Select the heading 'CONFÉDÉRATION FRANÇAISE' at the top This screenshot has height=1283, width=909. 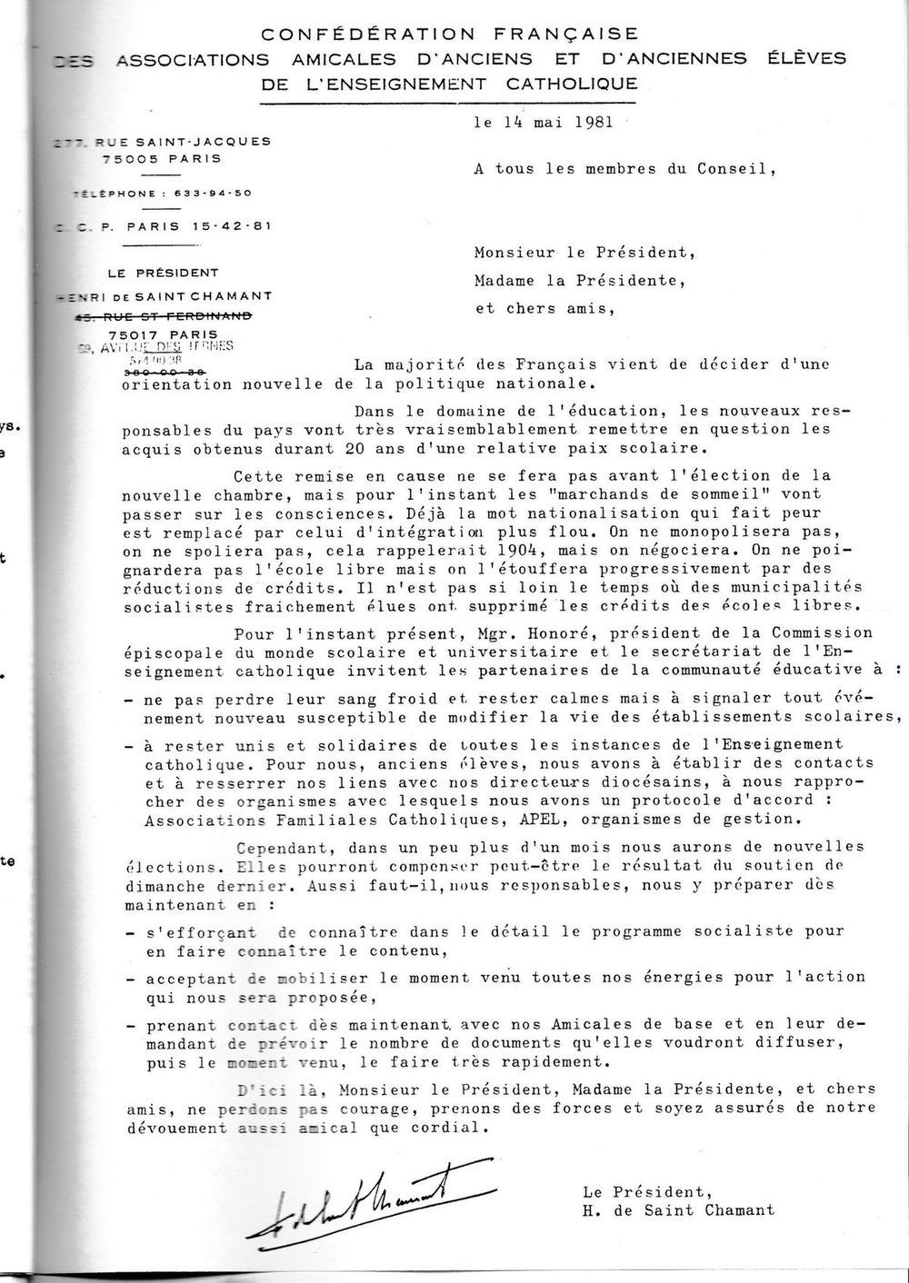coord(449,35)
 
